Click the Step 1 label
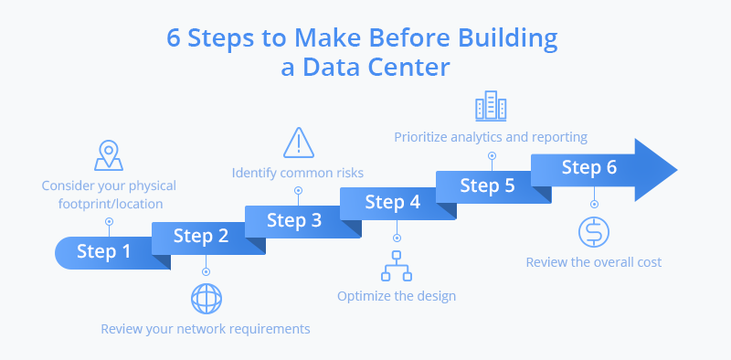click(x=103, y=252)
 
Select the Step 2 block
click(x=200, y=237)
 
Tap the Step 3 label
click(x=295, y=219)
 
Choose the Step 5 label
click(x=487, y=185)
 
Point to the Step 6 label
click(x=588, y=167)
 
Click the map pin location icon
click(x=109, y=155)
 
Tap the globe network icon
click(x=206, y=298)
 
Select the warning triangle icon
click(x=298, y=143)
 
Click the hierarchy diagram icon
click(x=397, y=265)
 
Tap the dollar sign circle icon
click(x=593, y=232)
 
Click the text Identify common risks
click(x=298, y=172)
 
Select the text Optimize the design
click(x=397, y=295)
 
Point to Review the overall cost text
click(x=593, y=262)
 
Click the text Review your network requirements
click(x=206, y=328)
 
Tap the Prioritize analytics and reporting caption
click(x=491, y=137)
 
